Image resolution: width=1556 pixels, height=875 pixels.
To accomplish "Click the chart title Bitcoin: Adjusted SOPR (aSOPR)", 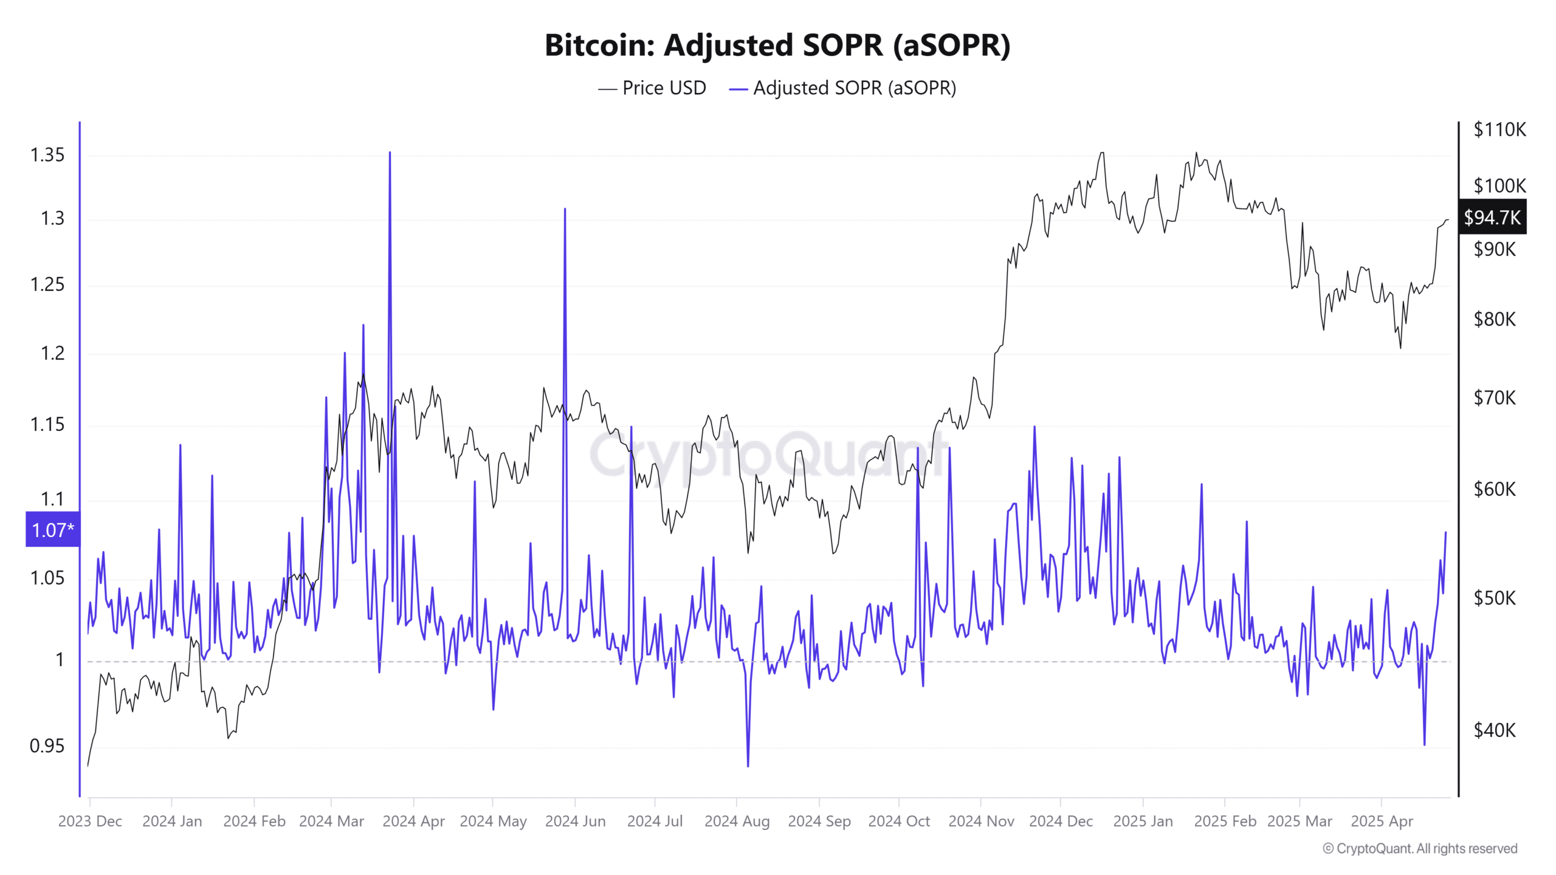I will coord(777,46).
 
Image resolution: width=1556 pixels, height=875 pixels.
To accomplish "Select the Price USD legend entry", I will coord(652,88).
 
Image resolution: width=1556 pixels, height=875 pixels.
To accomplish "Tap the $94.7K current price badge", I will coord(1492,217).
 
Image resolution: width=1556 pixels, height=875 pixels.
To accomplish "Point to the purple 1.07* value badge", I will coord(53,530).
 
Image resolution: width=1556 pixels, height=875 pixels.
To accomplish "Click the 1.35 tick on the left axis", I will coord(47,155).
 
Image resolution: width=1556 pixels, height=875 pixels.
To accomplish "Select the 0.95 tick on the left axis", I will coord(47,746).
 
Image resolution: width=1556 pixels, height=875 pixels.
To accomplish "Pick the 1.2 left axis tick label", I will coord(52,353).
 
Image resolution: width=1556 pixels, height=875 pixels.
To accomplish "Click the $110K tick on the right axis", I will coord(1499,129).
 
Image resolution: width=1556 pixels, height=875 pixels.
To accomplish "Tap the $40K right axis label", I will coord(1495,730).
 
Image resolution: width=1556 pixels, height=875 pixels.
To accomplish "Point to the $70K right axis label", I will coord(1495,398).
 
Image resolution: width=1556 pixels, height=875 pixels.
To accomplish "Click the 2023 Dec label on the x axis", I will coord(90,821).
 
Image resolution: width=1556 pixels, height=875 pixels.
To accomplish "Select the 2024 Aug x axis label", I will coord(737,821).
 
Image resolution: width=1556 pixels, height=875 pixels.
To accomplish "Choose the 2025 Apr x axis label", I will coord(1382,821).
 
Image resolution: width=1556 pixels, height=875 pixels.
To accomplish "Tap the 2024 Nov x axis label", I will coord(981,821).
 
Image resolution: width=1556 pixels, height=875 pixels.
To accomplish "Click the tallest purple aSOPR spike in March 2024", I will coord(390,153).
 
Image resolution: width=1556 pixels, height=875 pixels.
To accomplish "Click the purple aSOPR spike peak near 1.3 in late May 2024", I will coord(565,210).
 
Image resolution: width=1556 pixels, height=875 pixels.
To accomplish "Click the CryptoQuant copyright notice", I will coord(1420,848).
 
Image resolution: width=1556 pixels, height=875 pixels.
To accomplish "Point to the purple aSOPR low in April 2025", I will coord(1424,744).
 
